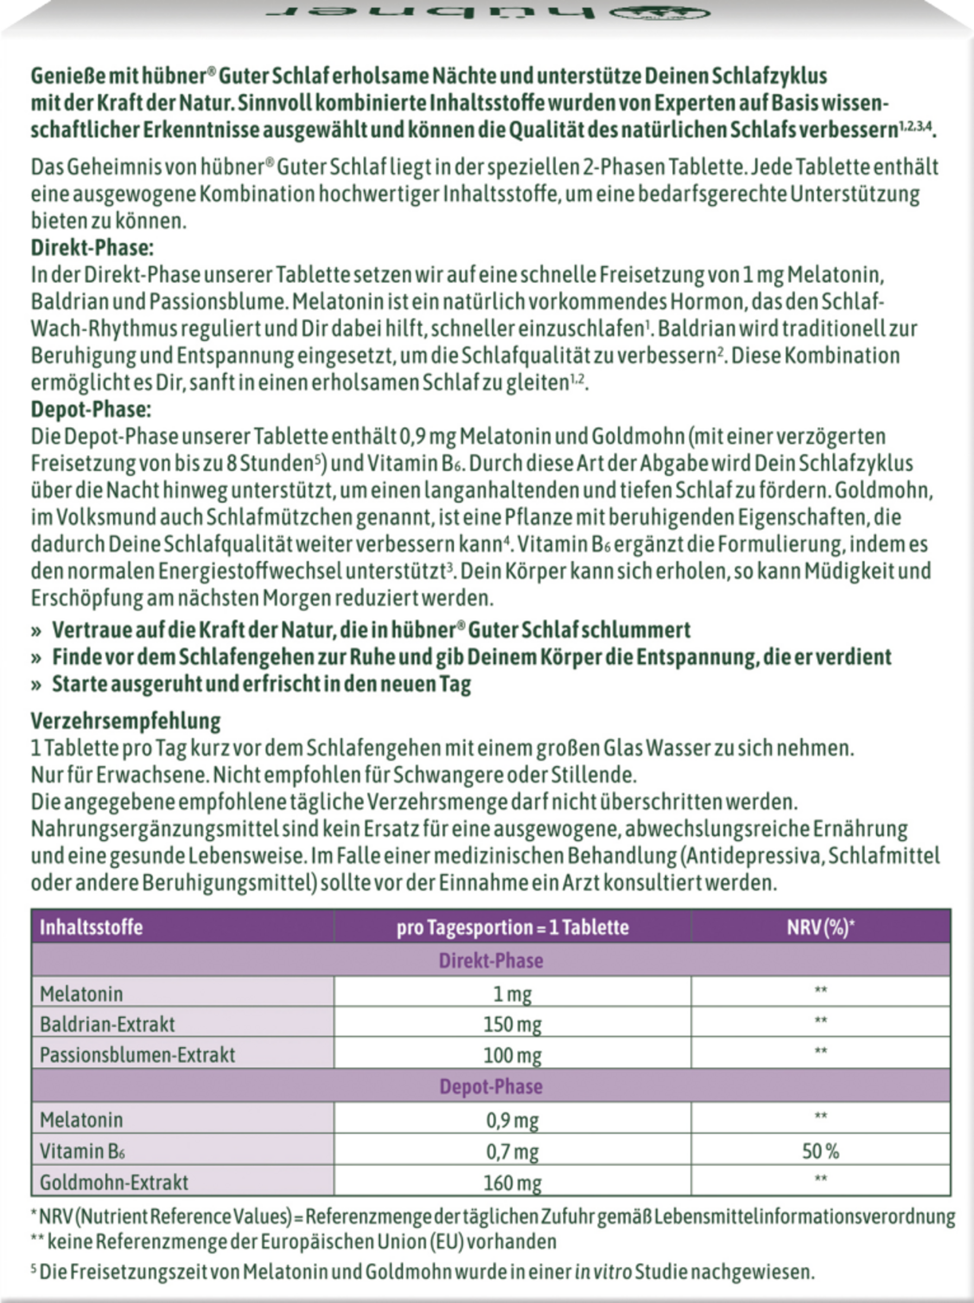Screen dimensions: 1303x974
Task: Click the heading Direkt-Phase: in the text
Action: pyautogui.click(x=92, y=248)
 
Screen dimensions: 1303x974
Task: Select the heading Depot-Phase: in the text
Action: pyautogui.click(x=91, y=409)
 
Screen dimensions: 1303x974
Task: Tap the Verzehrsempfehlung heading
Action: pyautogui.click(x=125, y=721)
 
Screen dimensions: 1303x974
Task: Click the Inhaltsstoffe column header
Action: pyautogui.click(x=91, y=927)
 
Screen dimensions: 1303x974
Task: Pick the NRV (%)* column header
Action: pyautogui.click(x=820, y=927)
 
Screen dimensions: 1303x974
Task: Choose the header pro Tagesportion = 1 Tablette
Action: pyautogui.click(x=512, y=927)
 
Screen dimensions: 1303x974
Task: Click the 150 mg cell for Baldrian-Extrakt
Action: pyautogui.click(x=512, y=1024)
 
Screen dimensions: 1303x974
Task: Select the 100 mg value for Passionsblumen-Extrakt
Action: pyautogui.click(x=512, y=1055)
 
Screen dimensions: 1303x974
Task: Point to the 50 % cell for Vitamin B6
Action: pyautogui.click(x=820, y=1151)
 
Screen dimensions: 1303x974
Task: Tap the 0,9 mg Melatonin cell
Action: pyautogui.click(x=512, y=1120)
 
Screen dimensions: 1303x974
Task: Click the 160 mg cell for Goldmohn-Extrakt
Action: pyautogui.click(x=512, y=1182)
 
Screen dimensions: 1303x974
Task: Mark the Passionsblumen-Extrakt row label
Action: pyautogui.click(x=137, y=1055)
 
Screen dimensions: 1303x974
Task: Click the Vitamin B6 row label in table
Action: pyautogui.click(x=82, y=1151)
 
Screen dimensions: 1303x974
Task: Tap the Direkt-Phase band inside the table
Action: pyautogui.click(x=491, y=961)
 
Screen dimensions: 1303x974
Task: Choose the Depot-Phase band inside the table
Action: pyautogui.click(x=491, y=1087)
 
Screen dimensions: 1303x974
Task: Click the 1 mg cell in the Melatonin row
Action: pyautogui.click(x=512, y=994)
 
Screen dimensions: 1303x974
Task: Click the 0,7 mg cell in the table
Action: pyautogui.click(x=512, y=1151)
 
